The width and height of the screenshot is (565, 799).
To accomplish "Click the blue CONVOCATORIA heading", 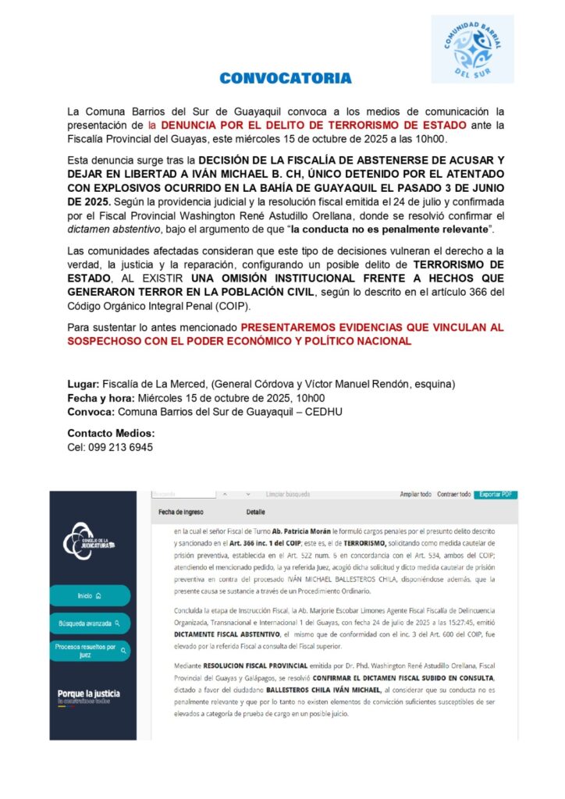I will coord(285,78).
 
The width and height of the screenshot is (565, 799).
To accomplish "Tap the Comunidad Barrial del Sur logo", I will coord(472,48).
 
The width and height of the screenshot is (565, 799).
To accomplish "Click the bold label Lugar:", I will coord(83,384).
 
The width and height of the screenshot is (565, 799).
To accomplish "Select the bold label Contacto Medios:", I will coord(112,433).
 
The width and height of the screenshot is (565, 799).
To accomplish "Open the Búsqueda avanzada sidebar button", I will coord(89,623).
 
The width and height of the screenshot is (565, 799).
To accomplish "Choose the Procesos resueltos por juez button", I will coord(89,651).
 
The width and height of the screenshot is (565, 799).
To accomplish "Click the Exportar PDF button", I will coord(496,494).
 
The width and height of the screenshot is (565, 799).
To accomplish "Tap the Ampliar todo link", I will coord(415,494).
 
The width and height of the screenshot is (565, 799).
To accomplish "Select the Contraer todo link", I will coord(453,494).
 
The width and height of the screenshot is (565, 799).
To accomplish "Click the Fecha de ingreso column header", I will coord(180,512).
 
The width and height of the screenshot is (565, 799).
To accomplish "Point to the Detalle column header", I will coord(255,512).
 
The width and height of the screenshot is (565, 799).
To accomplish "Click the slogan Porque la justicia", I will coord(88,693).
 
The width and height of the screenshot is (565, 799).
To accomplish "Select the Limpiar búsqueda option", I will coord(287,494).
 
